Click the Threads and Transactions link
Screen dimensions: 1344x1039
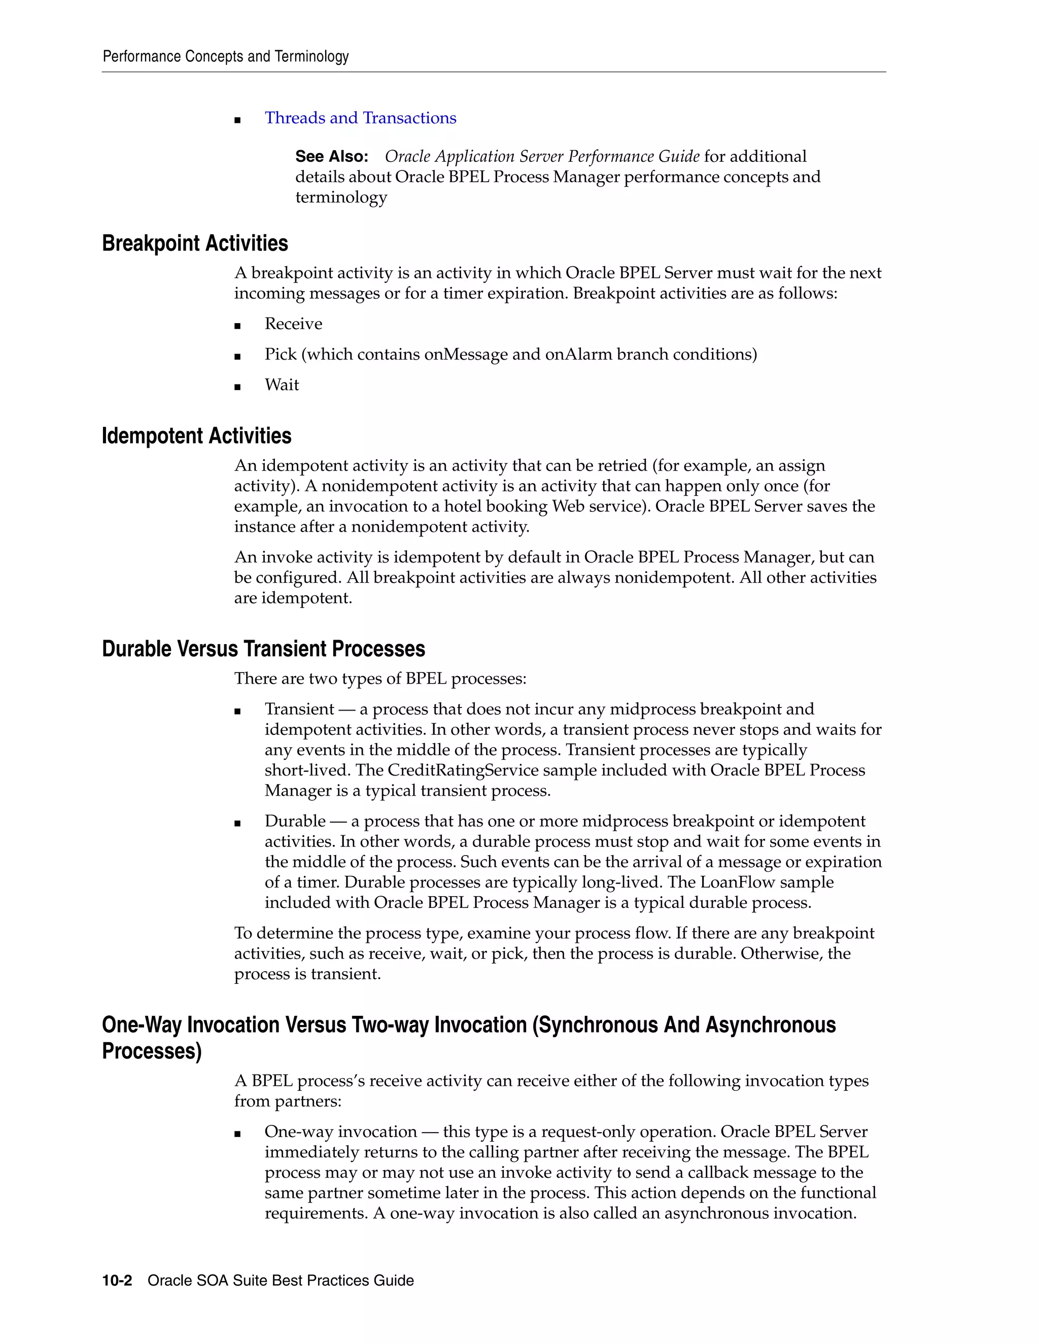[x=360, y=118]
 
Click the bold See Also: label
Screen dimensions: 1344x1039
[x=331, y=156]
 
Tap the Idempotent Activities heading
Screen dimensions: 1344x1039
[x=196, y=436]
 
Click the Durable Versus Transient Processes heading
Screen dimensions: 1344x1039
[x=263, y=649]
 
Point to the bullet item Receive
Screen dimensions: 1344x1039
[x=293, y=324]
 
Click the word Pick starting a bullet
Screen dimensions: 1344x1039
[x=280, y=355]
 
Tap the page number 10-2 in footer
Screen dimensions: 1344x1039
[x=117, y=1281]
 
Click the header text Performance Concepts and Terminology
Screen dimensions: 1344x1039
[x=225, y=57]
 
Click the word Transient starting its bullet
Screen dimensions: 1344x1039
[x=299, y=709]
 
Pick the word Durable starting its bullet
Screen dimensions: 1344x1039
[x=295, y=821]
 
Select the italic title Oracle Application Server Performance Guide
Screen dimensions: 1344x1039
[x=542, y=156]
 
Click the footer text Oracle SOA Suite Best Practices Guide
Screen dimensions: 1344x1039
[x=281, y=1281]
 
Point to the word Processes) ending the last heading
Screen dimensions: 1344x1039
[x=151, y=1051]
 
